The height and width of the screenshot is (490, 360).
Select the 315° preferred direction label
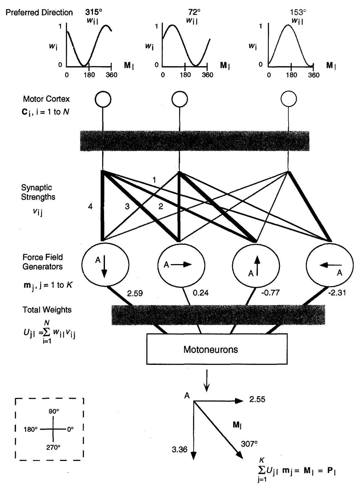click(x=93, y=12)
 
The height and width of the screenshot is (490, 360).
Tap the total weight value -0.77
click(x=270, y=293)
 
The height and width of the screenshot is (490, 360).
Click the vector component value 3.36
click(x=179, y=449)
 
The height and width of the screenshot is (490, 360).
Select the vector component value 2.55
click(x=257, y=400)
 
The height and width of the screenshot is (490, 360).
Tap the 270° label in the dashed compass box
click(x=53, y=447)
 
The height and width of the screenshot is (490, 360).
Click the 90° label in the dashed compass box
click(x=54, y=412)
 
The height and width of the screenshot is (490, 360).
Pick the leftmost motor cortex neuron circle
click(x=103, y=99)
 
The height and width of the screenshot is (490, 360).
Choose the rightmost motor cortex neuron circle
click(x=289, y=99)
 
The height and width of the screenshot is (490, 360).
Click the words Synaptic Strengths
click(x=38, y=192)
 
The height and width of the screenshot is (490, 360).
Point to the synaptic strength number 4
click(x=90, y=206)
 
